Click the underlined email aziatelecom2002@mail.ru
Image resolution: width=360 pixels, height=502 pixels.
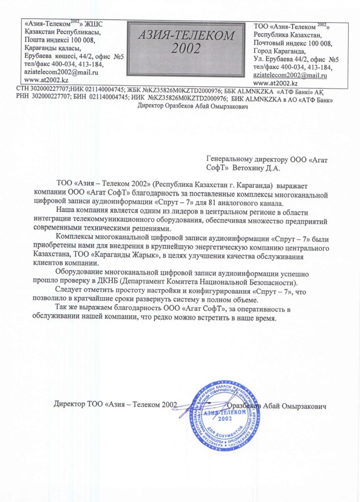click(290, 75)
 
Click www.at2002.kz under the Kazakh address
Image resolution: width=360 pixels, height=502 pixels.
click(46, 79)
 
